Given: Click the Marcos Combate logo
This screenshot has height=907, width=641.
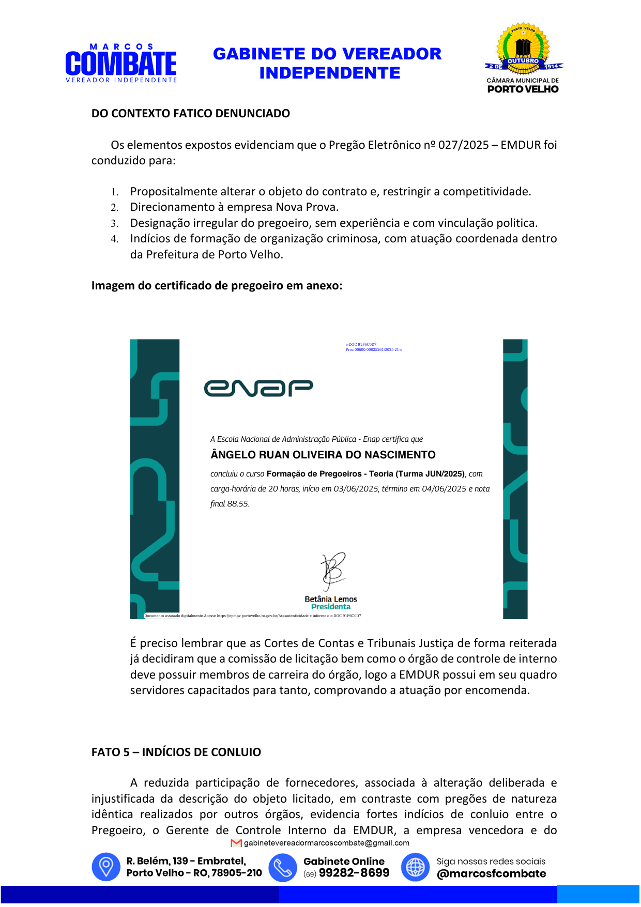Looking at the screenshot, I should (121, 64).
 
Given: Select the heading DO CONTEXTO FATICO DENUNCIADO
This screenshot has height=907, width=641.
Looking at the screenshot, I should (190, 114).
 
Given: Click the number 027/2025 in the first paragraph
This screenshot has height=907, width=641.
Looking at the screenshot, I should (463, 145).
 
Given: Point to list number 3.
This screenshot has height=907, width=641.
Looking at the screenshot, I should (114, 224).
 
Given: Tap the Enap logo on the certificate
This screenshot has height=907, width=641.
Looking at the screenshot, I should (258, 388).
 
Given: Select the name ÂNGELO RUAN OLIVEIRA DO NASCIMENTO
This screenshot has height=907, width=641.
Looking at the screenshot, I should (323, 455).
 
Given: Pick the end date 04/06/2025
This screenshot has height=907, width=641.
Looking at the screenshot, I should (444, 489).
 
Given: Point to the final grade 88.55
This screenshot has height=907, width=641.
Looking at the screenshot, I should (238, 504).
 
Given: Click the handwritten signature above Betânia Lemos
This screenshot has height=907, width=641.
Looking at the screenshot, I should (332, 571).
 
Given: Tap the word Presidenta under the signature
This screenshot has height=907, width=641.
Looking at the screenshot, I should (331, 607).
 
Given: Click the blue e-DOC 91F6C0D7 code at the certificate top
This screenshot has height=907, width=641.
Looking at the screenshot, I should (361, 344).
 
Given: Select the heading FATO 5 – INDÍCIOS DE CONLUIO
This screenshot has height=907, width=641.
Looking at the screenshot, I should (176, 752).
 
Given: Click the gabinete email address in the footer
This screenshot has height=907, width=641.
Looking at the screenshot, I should (326, 843).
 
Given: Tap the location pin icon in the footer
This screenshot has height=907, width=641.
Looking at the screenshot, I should (106, 867).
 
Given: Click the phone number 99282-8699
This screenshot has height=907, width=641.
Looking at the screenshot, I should (354, 873).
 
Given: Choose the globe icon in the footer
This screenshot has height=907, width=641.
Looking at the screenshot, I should (415, 867).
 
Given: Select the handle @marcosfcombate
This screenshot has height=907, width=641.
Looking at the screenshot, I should (491, 874).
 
